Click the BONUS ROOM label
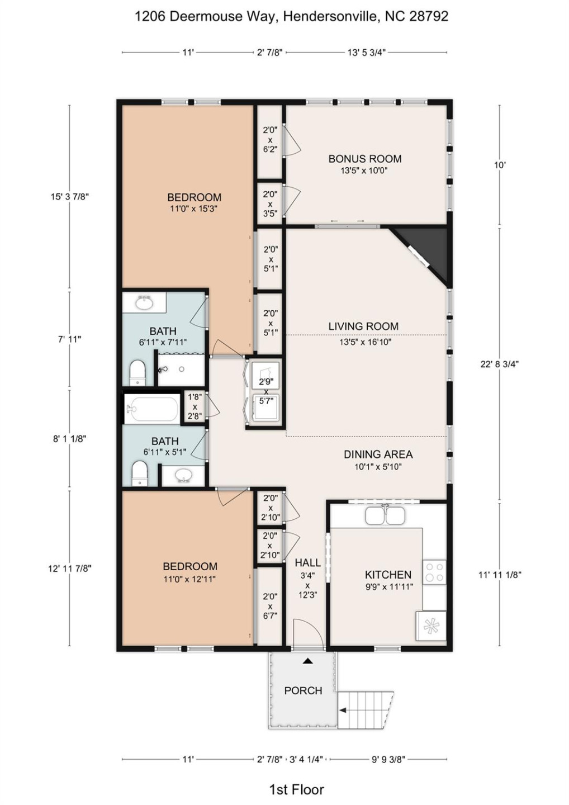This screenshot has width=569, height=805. [x=365, y=159]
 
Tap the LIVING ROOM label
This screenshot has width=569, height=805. [x=363, y=326]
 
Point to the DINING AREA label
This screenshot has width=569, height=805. [x=378, y=454]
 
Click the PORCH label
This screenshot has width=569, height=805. [x=303, y=690]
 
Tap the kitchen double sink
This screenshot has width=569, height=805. [x=385, y=515]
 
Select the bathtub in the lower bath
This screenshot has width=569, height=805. [x=152, y=409]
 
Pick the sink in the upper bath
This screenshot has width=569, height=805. [x=144, y=304]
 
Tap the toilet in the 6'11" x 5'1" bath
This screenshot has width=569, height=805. [x=140, y=473]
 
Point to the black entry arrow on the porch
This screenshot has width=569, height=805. [x=307, y=660]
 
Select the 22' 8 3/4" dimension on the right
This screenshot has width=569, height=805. [x=499, y=364]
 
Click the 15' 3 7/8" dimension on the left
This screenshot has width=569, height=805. [x=70, y=197]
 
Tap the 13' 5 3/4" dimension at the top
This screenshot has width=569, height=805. [x=367, y=53]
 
